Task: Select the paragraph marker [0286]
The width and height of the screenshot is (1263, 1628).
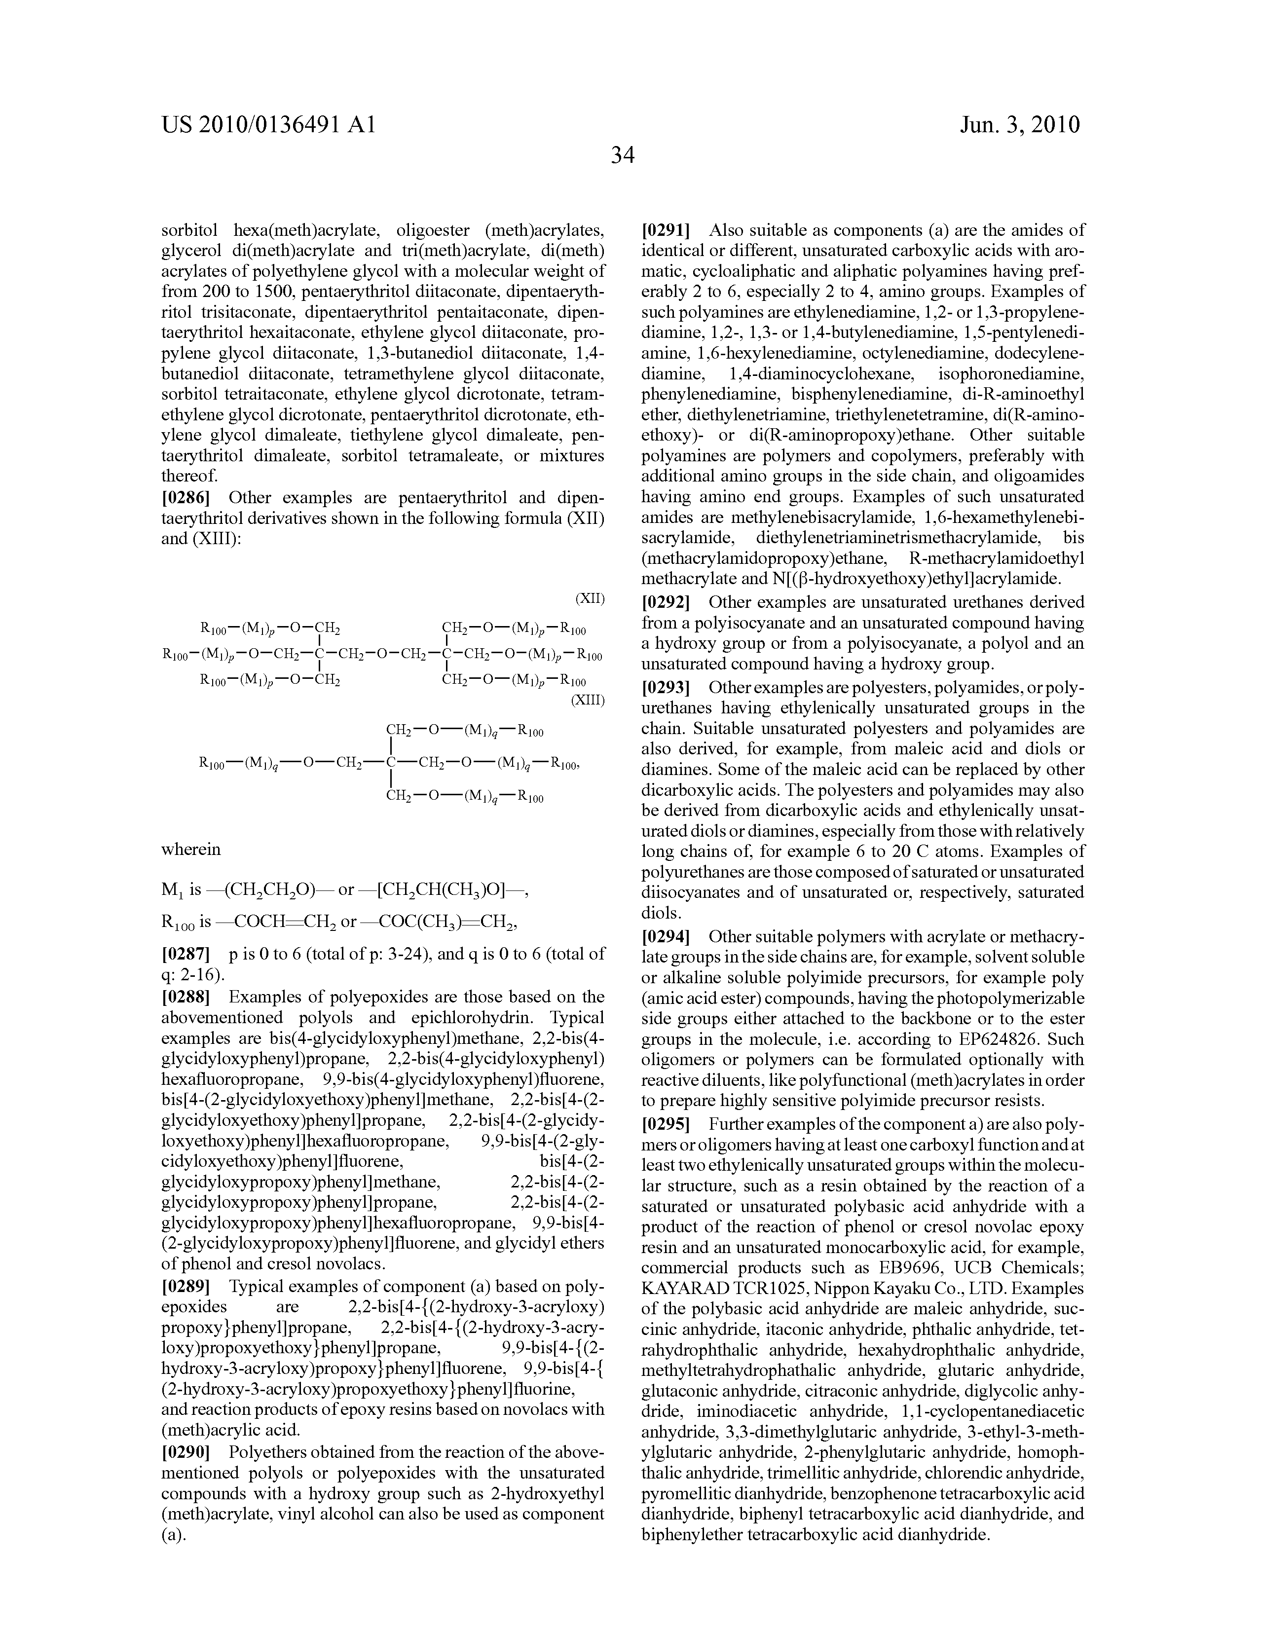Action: pyautogui.click(x=186, y=497)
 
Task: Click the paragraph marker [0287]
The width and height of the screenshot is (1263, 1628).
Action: pyautogui.click(x=186, y=954)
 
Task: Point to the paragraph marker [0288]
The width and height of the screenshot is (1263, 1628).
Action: pyautogui.click(x=186, y=997)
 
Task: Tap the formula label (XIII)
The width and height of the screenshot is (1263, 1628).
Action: pyautogui.click(x=587, y=700)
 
